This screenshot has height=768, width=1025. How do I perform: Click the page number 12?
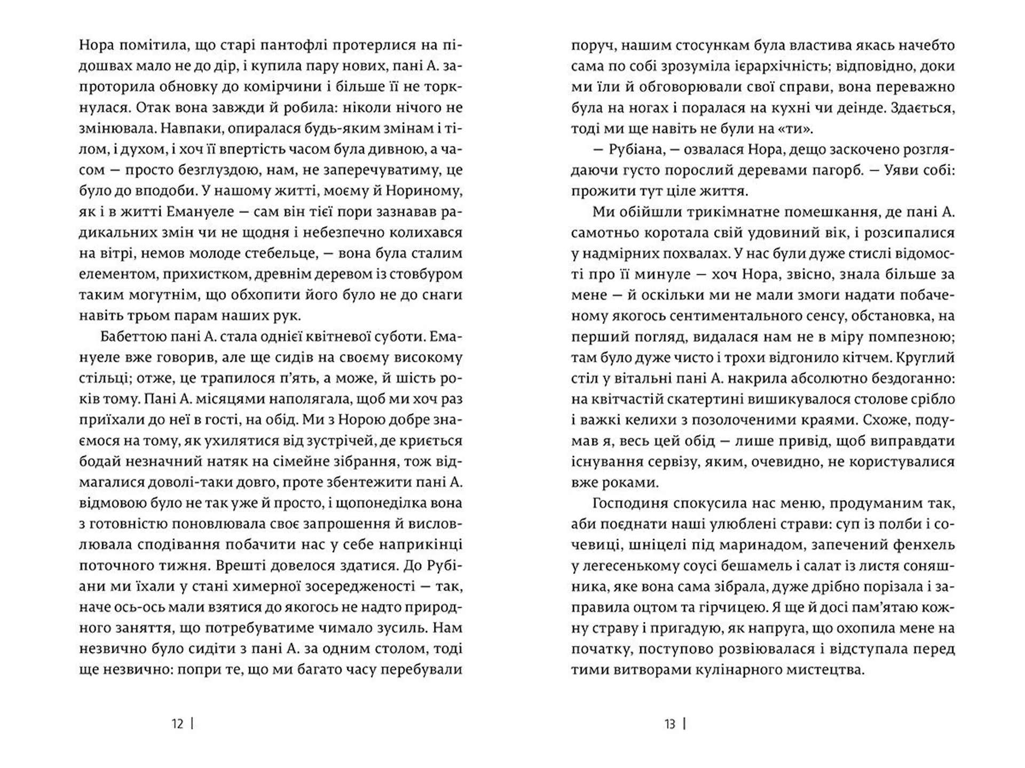click(x=177, y=724)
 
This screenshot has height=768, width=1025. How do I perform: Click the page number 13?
click(x=669, y=724)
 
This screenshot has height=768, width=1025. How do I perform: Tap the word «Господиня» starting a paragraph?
click(x=629, y=503)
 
